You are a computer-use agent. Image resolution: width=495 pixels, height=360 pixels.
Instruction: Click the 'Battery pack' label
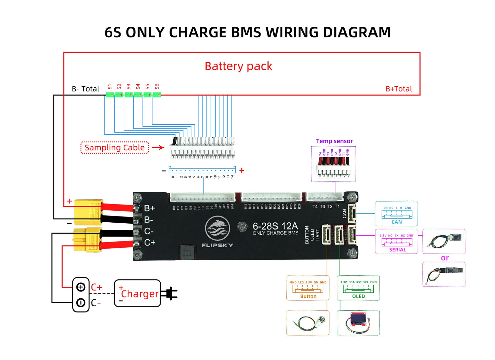click(x=238, y=66)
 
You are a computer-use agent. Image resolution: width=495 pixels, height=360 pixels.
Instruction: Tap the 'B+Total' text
click(x=398, y=89)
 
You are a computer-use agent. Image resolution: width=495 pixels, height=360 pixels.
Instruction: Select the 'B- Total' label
click(x=85, y=89)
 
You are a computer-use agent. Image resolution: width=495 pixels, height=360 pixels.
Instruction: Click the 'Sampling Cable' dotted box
click(x=115, y=148)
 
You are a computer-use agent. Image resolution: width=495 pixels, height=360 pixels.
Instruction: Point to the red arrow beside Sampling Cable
click(x=158, y=148)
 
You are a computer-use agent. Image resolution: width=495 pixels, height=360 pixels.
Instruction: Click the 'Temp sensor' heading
click(x=334, y=141)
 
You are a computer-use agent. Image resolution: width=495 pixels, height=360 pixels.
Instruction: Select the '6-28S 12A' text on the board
click(x=275, y=226)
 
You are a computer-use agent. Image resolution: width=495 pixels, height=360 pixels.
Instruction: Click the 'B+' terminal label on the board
click(x=149, y=208)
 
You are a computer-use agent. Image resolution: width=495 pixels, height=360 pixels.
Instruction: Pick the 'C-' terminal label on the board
click(x=149, y=231)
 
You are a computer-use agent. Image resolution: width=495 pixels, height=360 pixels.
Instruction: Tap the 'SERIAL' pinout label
click(x=397, y=250)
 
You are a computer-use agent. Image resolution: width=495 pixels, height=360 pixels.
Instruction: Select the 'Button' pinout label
click(x=308, y=296)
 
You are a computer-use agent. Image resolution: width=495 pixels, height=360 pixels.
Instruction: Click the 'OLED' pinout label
click(x=358, y=296)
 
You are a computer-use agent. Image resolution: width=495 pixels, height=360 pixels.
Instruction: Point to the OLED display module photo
click(x=358, y=323)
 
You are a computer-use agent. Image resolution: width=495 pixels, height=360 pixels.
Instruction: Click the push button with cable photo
click(x=308, y=323)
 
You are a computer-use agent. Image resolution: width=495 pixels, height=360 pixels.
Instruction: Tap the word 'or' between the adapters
click(x=445, y=258)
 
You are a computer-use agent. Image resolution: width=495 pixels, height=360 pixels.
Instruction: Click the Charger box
click(x=137, y=294)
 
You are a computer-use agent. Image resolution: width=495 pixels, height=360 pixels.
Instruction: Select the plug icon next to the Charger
click(x=170, y=294)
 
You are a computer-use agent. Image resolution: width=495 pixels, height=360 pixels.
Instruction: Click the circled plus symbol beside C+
click(x=81, y=287)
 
